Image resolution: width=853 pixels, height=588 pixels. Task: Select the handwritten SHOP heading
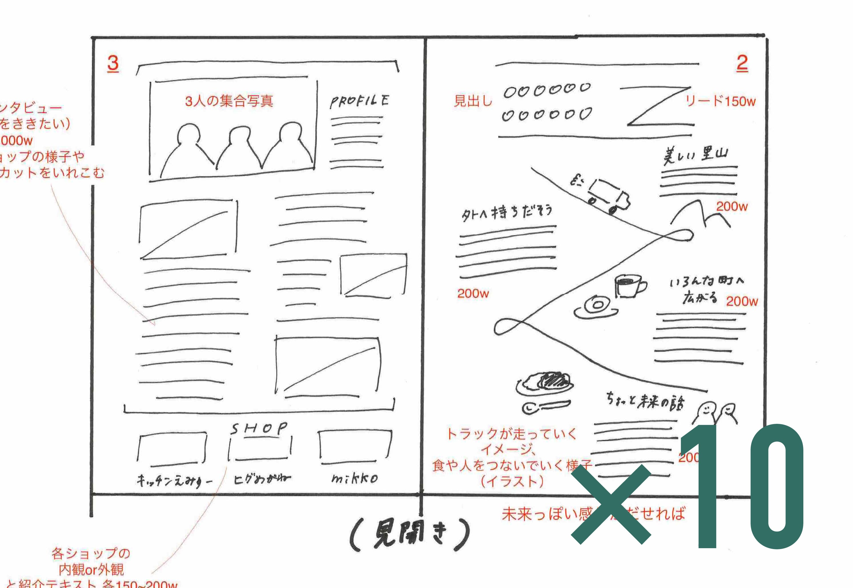[259, 428]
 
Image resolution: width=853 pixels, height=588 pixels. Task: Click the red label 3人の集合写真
[229, 101]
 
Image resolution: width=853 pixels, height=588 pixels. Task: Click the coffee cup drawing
[630, 286]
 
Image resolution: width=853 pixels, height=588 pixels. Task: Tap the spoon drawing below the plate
[546, 406]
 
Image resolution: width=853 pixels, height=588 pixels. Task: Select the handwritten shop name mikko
[354, 479]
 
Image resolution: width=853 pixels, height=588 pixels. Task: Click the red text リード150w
[720, 101]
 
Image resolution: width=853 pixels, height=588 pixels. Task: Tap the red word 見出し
[473, 101]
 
